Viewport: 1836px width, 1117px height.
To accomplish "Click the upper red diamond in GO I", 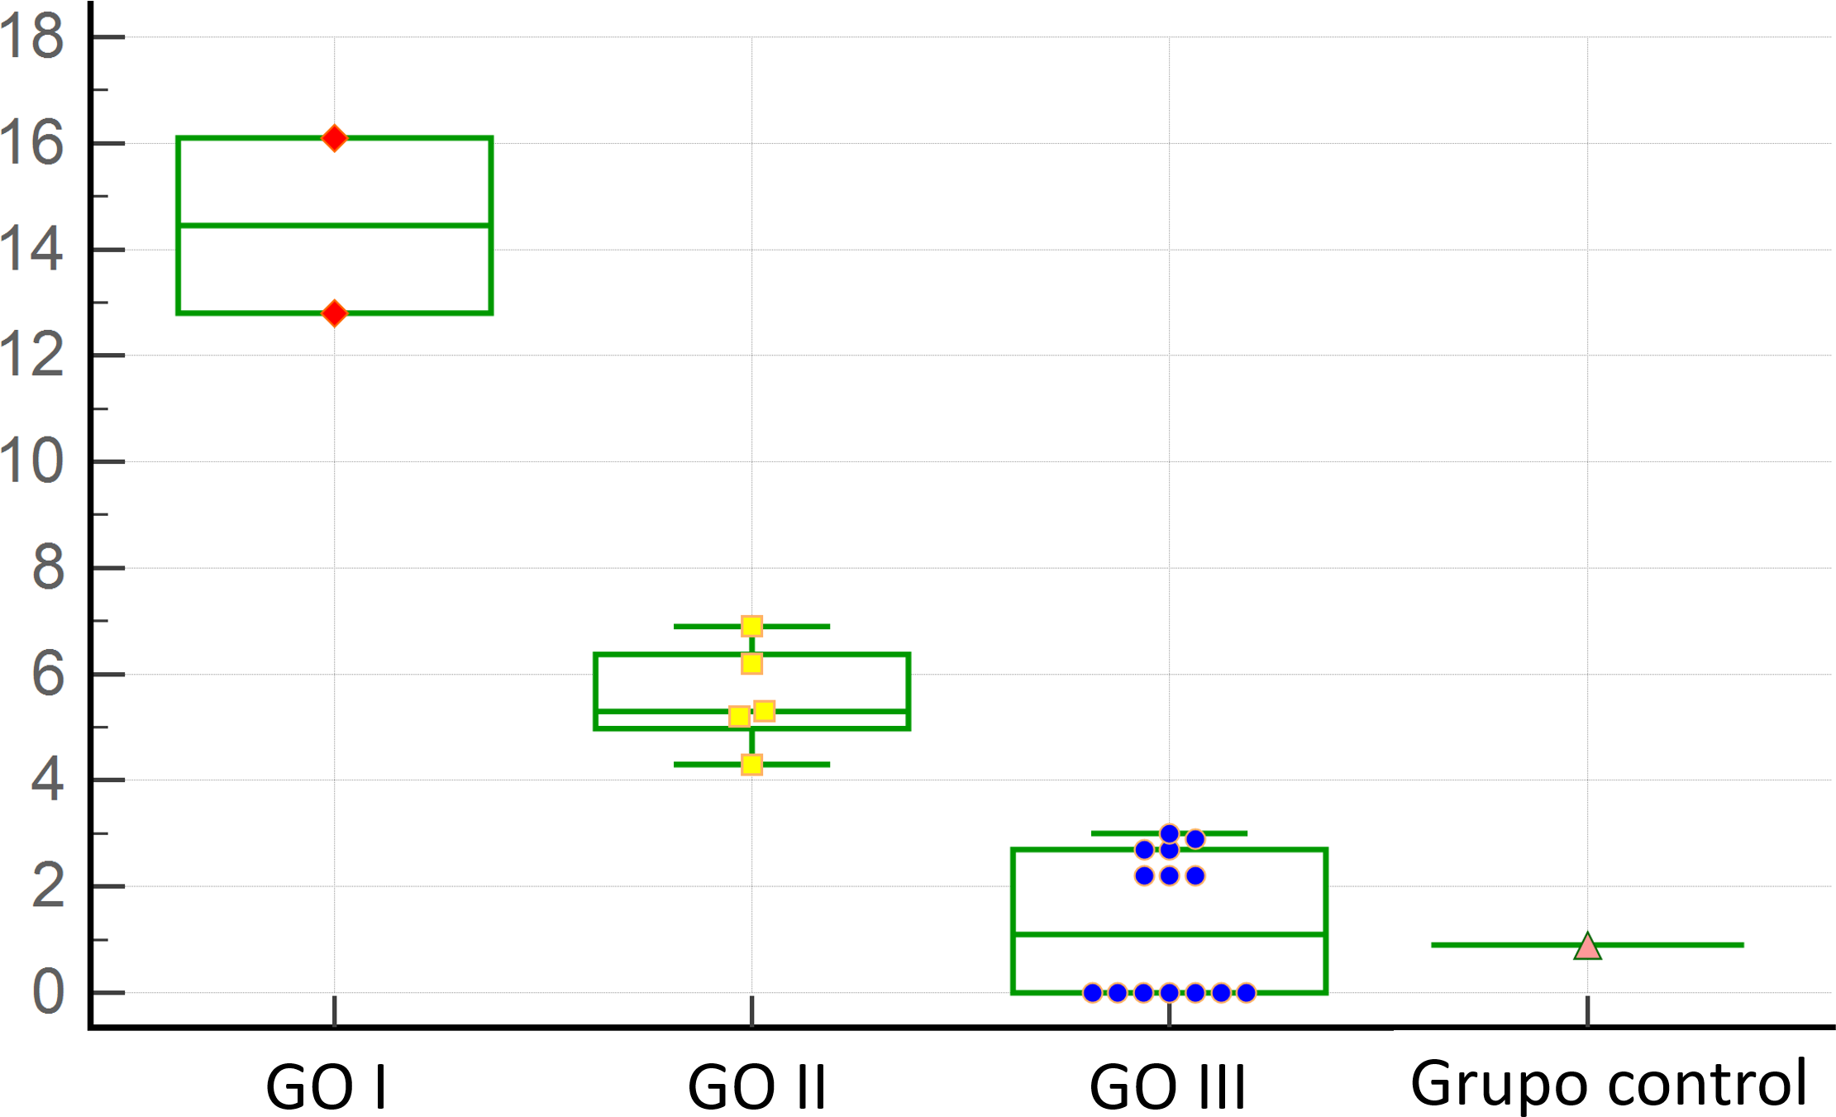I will point(334,138).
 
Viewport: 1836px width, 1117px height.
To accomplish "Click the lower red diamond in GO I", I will point(334,313).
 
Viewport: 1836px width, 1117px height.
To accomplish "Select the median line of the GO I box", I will point(248,225).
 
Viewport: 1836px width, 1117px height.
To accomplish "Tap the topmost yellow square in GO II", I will point(751,626).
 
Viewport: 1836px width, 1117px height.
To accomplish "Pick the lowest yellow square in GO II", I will point(751,765).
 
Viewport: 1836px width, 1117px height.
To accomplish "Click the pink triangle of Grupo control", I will point(1587,947).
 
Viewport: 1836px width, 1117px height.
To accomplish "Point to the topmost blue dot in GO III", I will point(1169,833).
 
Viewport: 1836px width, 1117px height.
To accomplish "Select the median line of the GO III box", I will point(1075,934).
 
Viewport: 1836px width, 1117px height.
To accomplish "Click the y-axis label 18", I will point(31,37).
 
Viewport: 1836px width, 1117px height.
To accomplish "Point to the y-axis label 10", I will point(31,461).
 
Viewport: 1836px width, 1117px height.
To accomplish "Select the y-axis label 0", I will point(48,992).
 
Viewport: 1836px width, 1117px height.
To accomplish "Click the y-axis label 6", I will point(48,674).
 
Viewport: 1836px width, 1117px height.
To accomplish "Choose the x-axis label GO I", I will point(327,1086).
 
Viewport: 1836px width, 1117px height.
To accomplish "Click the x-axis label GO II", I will point(757,1086).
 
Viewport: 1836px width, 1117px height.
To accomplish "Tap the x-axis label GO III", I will point(1167,1086).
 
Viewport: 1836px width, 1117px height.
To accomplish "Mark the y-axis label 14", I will point(31,250).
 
